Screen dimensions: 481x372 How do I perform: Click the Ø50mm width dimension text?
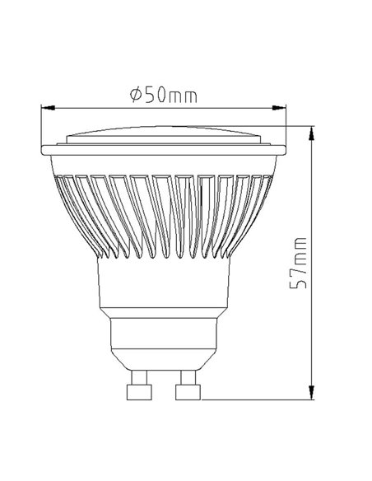pyautogui.click(x=164, y=95)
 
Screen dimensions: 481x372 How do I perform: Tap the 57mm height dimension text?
pyautogui.click(x=301, y=262)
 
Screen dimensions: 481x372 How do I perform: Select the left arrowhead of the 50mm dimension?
pyautogui.click(x=49, y=107)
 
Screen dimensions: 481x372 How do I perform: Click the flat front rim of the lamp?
pyautogui.click(x=164, y=150)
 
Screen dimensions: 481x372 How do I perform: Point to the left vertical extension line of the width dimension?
pyautogui.click(x=42, y=124)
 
